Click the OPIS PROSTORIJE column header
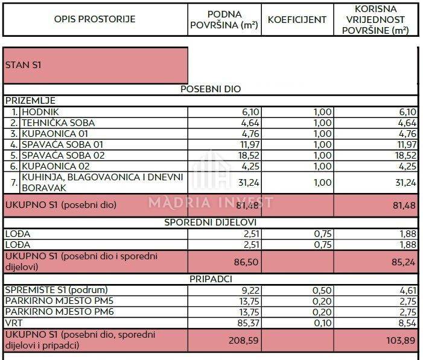95,19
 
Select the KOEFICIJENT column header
297,19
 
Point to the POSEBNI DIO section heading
211,89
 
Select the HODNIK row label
40,112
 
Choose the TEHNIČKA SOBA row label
59,123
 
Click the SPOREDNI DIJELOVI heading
211,223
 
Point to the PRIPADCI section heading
211,280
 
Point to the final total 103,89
401,340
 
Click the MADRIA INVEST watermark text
211,202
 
